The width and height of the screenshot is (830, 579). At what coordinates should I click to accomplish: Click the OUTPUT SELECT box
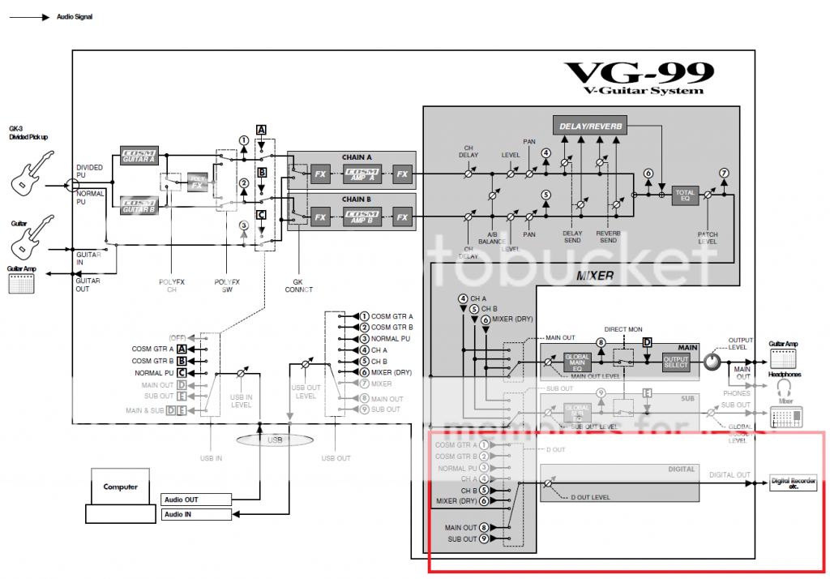(675, 362)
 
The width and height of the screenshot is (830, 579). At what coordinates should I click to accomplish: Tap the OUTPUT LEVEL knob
(712, 362)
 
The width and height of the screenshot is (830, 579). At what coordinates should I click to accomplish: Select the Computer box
(120, 487)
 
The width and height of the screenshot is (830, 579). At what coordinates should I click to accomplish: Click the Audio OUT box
(197, 500)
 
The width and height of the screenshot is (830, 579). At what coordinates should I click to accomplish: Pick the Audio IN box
(197, 514)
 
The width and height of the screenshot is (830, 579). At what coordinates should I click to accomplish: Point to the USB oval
(276, 440)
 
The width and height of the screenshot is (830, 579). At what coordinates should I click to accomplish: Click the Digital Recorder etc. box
(792, 484)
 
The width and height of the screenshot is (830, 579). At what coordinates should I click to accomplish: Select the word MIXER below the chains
(595, 277)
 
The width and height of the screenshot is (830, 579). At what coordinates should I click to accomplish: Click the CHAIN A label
(357, 156)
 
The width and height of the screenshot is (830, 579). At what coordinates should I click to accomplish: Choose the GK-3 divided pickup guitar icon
(32, 177)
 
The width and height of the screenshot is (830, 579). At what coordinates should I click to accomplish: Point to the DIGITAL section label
(681, 469)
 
